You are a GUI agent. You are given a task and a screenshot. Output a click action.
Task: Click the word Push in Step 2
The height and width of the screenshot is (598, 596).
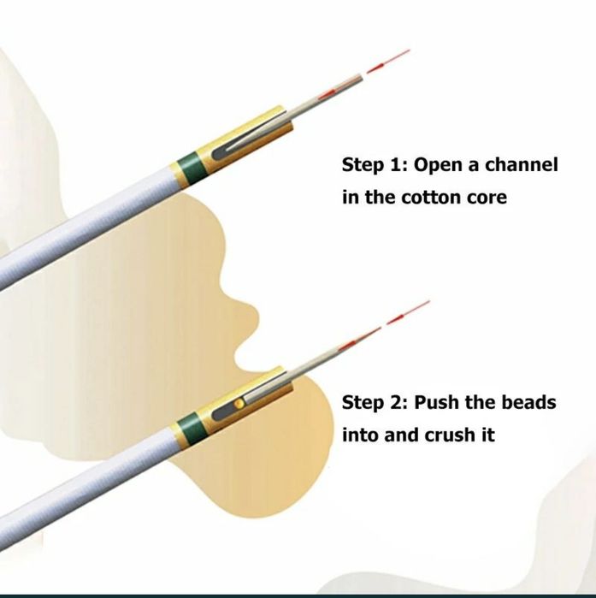click(438, 402)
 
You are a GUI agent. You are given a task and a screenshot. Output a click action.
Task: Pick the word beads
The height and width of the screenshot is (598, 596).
click(525, 402)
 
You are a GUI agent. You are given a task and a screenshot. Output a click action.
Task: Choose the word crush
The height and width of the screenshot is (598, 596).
click(451, 435)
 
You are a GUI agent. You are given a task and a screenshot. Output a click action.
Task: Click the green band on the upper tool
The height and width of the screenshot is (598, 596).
click(187, 163)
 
